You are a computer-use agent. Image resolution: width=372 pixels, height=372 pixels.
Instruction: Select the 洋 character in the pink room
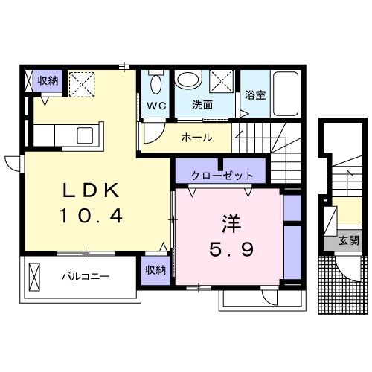(x=229, y=222)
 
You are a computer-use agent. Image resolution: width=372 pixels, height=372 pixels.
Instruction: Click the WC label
(x=155, y=105)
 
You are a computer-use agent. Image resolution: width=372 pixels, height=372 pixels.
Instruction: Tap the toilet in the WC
(x=155, y=81)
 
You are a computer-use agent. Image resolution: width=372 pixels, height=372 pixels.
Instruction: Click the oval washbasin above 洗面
(x=189, y=79)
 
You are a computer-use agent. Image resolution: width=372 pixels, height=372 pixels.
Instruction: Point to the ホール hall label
(x=196, y=138)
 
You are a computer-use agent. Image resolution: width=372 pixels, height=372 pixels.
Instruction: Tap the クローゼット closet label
(x=222, y=176)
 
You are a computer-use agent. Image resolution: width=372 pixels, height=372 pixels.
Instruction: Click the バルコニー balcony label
(x=86, y=277)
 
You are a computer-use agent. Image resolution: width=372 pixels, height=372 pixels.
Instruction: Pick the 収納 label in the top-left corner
(x=48, y=80)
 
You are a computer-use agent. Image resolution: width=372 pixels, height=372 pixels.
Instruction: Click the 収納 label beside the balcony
(x=155, y=270)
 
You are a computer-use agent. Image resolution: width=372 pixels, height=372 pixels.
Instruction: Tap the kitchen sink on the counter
(x=84, y=136)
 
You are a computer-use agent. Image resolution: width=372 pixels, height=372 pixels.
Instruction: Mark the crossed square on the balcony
(x=34, y=278)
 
